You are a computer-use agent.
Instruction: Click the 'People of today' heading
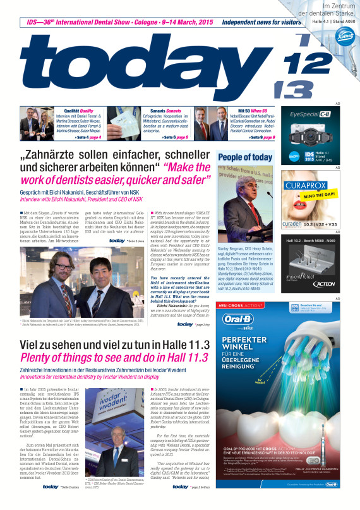tap(244, 157)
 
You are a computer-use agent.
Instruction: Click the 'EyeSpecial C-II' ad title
tap(316, 115)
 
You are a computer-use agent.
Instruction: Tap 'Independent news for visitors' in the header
tap(261, 21)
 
